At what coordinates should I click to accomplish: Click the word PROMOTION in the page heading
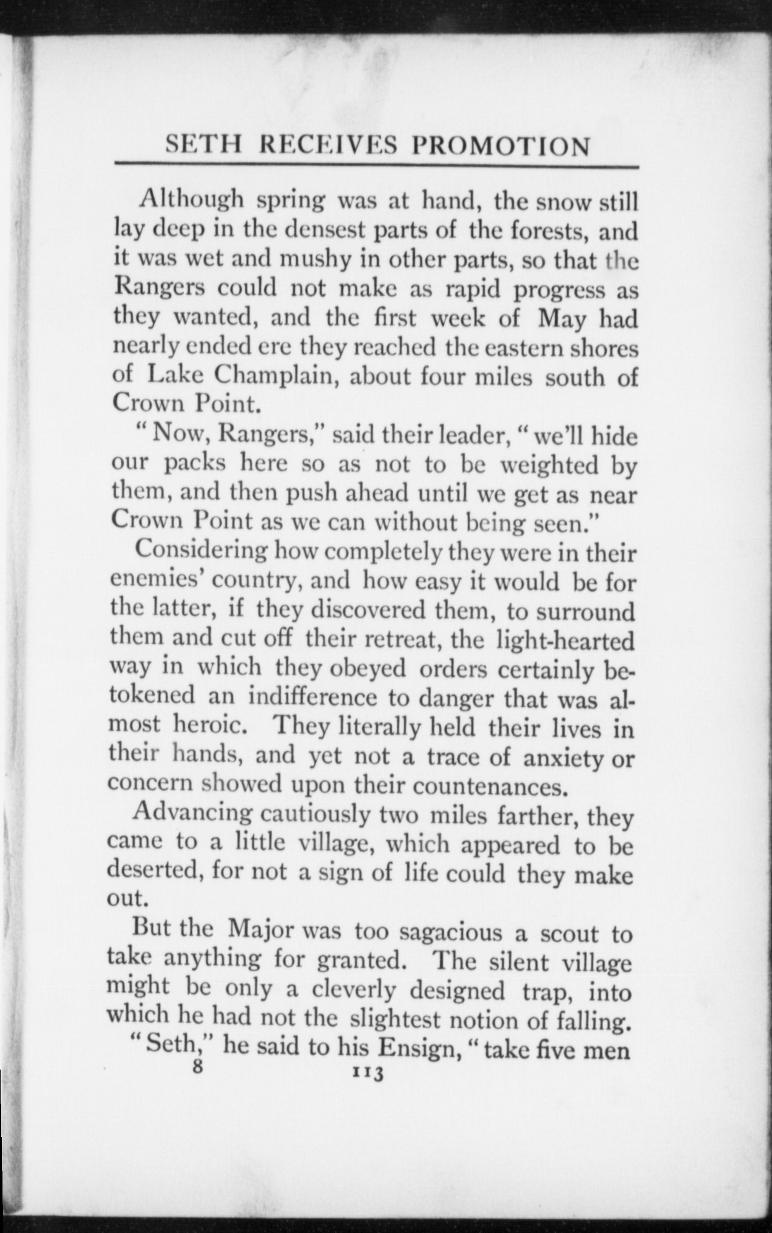[501, 146]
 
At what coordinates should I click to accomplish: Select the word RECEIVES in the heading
[330, 146]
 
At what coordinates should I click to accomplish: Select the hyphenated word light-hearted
[565, 640]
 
